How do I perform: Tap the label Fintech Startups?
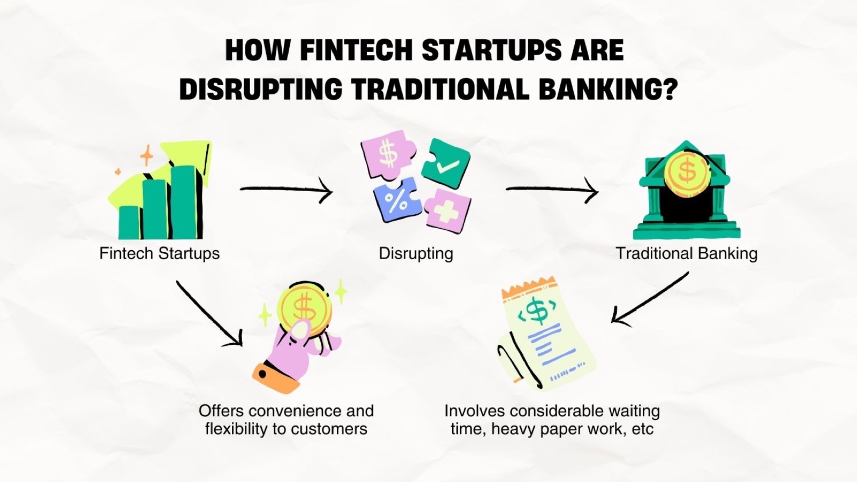(x=160, y=254)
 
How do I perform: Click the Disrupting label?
(x=416, y=254)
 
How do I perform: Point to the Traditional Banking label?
(x=687, y=254)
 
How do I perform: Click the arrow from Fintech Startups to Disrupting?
(x=286, y=189)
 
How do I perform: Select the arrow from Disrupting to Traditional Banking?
(x=552, y=189)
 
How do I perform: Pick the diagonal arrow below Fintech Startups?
(x=209, y=314)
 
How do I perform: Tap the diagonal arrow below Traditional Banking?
(x=650, y=299)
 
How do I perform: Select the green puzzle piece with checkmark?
(x=446, y=164)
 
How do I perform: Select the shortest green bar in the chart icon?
(x=129, y=223)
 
